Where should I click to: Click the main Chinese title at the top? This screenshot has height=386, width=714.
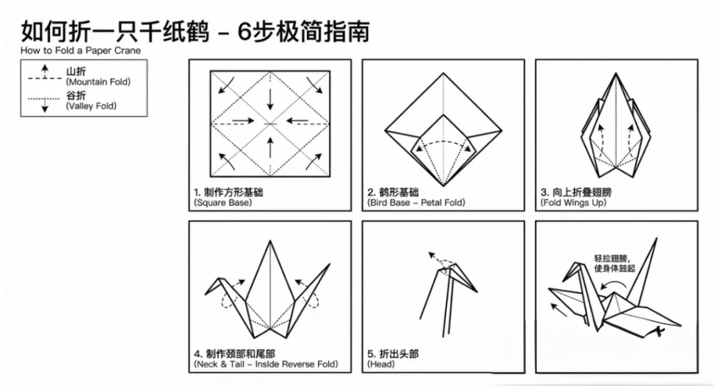tap(195, 31)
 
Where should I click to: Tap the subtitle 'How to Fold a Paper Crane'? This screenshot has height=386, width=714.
tap(80, 51)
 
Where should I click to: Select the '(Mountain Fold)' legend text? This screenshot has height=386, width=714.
tap(98, 82)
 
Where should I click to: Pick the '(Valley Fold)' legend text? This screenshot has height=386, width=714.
tap(91, 106)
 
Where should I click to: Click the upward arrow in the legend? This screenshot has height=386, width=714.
tap(45, 69)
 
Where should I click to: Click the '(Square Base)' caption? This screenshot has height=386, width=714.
tap(223, 203)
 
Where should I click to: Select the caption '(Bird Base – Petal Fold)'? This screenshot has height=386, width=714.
tap(416, 203)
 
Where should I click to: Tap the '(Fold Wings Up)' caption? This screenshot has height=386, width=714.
tap(573, 203)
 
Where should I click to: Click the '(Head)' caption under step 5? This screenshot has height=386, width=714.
tap(381, 364)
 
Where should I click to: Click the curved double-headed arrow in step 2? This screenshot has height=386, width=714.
tap(443, 144)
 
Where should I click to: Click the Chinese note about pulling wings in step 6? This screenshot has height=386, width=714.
tap(614, 263)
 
